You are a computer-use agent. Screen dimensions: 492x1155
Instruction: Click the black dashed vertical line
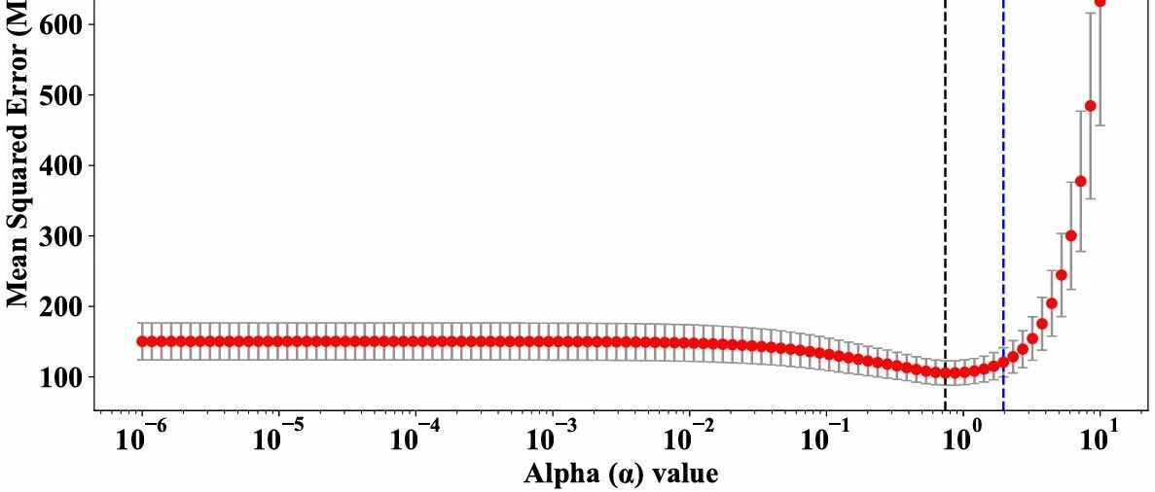[945, 194]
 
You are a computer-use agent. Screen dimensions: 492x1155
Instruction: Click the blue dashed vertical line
[1003, 194]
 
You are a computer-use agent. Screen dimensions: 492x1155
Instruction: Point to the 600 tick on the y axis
[61, 24]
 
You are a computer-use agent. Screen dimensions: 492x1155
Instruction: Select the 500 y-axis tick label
[61, 95]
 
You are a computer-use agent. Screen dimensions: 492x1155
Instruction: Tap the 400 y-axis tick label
[61, 165]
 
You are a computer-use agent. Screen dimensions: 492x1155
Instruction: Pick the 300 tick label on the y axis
[61, 236]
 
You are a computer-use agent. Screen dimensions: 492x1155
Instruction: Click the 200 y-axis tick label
[61, 306]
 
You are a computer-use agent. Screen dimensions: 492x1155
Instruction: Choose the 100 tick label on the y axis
[61, 377]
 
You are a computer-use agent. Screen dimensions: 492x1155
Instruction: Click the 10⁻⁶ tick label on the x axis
[142, 437]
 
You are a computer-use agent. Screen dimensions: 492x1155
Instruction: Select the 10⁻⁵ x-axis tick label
[279, 437]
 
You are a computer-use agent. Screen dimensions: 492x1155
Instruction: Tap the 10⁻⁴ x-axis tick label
[415, 437]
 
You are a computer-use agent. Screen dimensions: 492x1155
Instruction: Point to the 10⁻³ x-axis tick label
[553, 437]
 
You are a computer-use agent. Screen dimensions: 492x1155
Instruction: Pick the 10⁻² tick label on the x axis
[689, 437]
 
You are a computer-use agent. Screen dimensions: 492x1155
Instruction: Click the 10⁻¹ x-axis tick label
[826, 437]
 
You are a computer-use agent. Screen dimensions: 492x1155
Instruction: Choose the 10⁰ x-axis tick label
[962, 437]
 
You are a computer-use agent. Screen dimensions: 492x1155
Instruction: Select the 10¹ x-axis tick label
[1100, 437]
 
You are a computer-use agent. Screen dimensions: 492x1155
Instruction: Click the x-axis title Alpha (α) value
[621, 474]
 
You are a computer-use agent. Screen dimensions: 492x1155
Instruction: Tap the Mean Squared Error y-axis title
[18, 156]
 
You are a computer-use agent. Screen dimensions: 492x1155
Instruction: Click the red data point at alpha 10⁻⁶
[142, 341]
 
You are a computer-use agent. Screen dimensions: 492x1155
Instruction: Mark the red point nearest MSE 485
[1090, 105]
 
